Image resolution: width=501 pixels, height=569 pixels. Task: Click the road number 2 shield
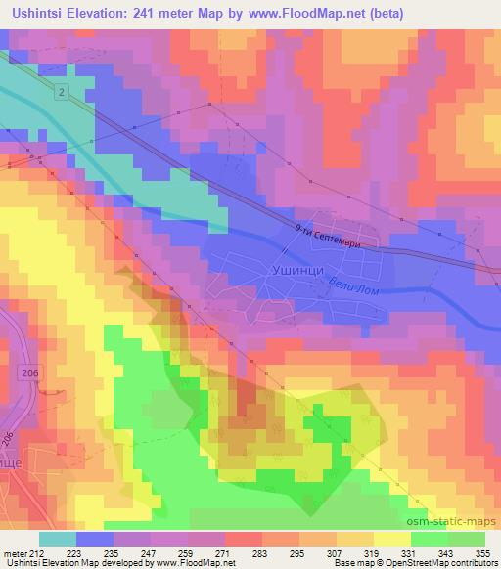coord(61,92)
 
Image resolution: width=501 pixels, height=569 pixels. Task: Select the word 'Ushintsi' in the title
coord(32,13)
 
